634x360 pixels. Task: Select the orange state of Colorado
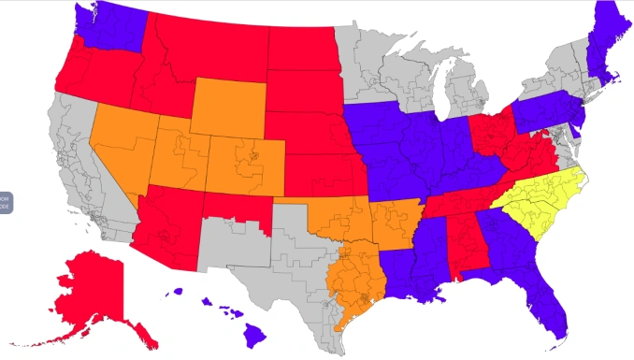click(243, 164)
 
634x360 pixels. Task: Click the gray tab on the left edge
click(5, 202)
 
